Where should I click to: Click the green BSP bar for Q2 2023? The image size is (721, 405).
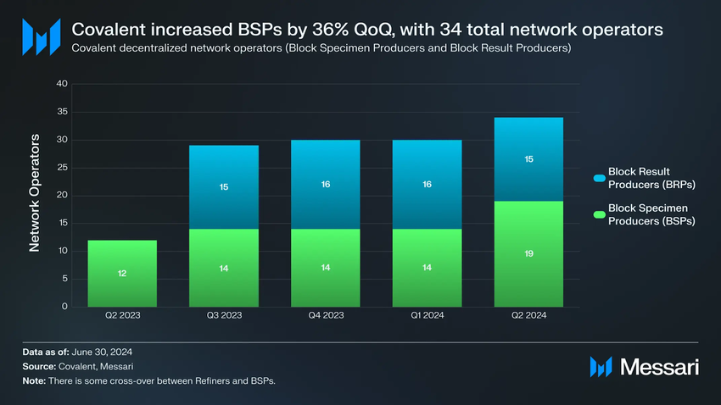point(122,273)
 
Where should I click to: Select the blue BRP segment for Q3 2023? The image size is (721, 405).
point(224,187)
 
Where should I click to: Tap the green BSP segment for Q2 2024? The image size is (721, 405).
point(528,253)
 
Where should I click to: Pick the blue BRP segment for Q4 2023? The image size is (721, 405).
point(325,184)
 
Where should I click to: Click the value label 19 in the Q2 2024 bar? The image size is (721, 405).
point(528,253)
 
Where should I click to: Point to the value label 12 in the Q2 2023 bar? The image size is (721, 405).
point(122,274)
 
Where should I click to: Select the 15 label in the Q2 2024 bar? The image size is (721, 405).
point(528,158)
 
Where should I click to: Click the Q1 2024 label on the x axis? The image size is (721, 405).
point(427,315)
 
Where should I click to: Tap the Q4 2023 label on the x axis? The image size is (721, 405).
point(325,315)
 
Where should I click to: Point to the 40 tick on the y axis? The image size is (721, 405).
point(62,84)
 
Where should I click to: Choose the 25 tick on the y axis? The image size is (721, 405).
point(62,168)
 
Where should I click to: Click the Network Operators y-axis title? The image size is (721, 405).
point(35,192)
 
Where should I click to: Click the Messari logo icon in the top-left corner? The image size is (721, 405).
point(40,36)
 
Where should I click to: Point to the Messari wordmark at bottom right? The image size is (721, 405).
point(659,366)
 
